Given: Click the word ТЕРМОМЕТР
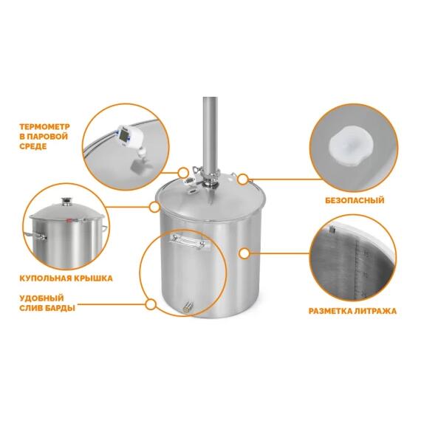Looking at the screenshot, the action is point(44,126).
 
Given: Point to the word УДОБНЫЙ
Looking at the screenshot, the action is point(41,298).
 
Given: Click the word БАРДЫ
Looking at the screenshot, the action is point(60,308).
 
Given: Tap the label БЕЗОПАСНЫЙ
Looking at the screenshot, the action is point(355,200).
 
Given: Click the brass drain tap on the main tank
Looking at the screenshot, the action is point(188,307).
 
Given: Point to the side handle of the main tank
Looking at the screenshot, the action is point(190,241).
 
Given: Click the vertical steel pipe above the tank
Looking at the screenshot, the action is point(210,135).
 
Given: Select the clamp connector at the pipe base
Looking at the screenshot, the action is point(210,179).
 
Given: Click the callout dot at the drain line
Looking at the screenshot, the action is point(151,304).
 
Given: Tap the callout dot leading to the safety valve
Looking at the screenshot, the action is point(243,179).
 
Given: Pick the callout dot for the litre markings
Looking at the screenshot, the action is point(244,253).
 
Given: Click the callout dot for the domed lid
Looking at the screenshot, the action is point(154,207).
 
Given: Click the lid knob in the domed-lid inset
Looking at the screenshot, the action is point(66,202).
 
